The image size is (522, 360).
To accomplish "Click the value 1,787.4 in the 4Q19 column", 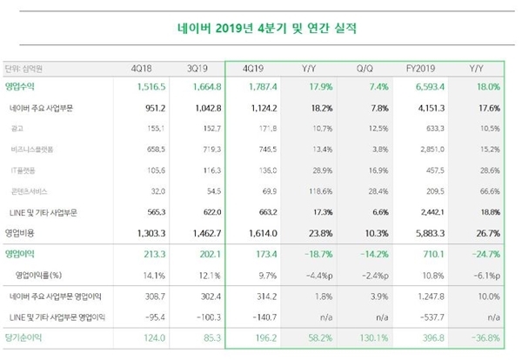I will pyautogui.click(x=258, y=87).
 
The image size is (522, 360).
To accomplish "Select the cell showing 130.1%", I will pyautogui.click(x=366, y=335).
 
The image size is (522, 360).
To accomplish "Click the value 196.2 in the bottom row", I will pyautogui.click(x=260, y=335).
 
